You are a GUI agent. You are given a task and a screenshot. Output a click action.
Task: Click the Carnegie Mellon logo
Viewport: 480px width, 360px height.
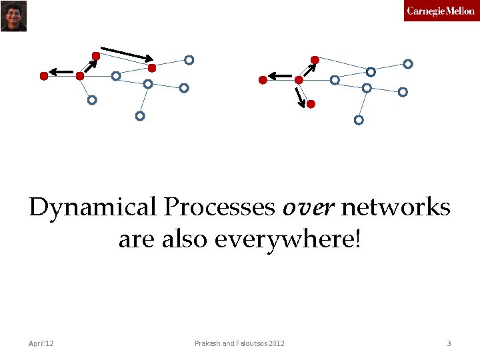click(x=441, y=11)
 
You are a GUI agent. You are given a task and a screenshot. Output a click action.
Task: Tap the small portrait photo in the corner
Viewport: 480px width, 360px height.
click(x=13, y=16)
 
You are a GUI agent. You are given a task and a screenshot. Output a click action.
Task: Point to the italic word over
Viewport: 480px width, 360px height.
click(x=309, y=208)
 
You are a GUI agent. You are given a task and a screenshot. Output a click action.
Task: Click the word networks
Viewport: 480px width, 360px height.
click(x=395, y=208)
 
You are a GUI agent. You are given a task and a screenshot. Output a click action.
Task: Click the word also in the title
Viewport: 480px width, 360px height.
click(x=181, y=239)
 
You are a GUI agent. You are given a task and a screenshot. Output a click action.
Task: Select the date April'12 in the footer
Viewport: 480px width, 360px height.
click(x=41, y=343)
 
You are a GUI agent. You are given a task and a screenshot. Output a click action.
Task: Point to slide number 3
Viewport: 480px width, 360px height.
click(x=449, y=343)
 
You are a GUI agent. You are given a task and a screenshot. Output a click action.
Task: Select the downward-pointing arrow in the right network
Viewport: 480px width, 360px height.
click(x=301, y=95)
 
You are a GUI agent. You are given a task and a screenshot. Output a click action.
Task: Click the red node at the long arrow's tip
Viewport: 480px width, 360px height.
click(x=152, y=68)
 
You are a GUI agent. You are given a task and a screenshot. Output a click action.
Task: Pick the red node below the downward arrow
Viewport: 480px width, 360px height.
click(x=311, y=105)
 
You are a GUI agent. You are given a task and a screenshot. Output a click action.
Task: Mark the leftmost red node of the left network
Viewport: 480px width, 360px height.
click(x=44, y=76)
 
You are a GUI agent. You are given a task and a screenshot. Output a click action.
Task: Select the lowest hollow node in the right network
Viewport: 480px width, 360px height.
click(x=359, y=120)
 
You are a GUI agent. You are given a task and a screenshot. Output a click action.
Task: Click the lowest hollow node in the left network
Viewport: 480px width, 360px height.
click(x=140, y=116)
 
